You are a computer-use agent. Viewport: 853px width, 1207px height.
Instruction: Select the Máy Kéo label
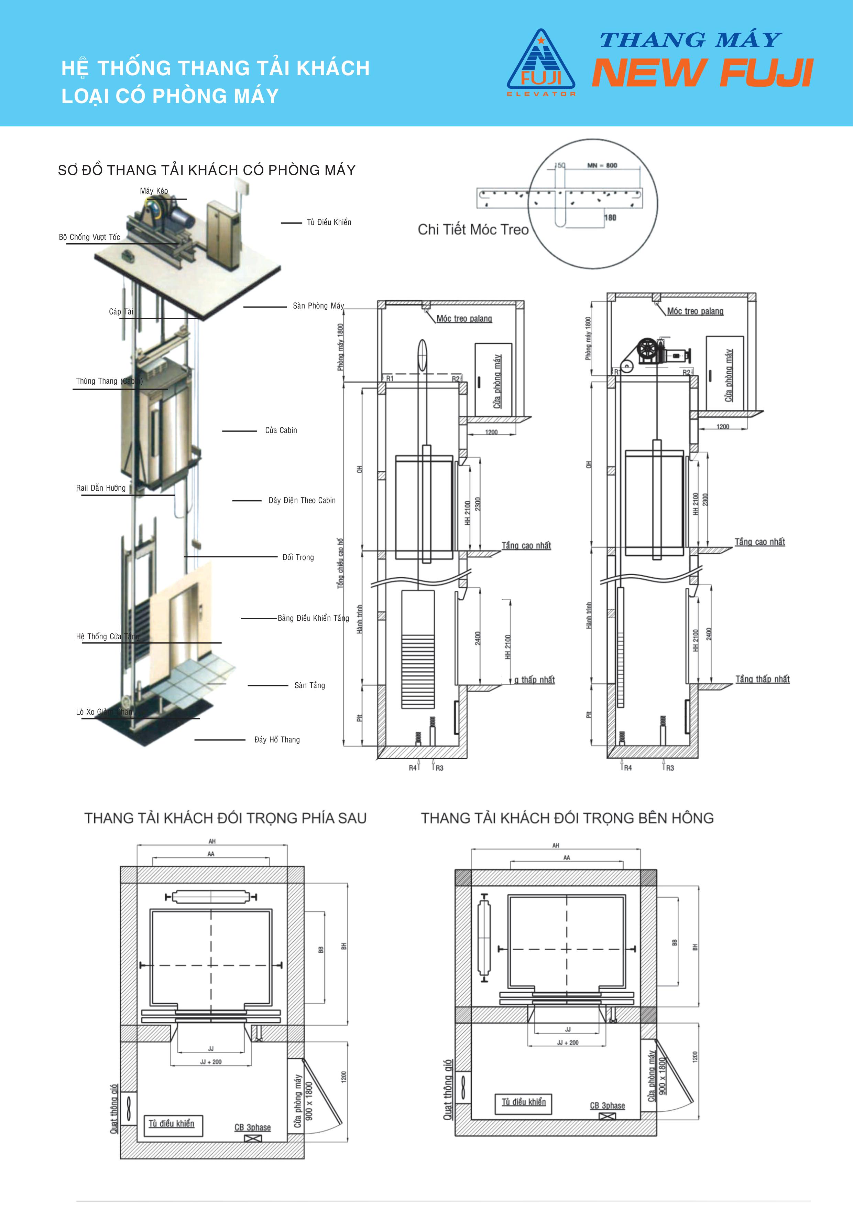154,191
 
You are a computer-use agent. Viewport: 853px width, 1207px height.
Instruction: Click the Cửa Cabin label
281,430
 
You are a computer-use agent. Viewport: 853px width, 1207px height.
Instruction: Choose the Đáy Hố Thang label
277,740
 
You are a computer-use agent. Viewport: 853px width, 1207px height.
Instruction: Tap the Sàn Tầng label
309,685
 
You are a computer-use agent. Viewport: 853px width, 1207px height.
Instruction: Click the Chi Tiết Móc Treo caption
473,230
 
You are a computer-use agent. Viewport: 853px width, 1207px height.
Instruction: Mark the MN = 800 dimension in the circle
602,165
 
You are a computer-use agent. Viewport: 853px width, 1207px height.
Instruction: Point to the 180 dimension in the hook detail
610,218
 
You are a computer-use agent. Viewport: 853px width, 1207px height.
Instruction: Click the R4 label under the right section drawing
628,768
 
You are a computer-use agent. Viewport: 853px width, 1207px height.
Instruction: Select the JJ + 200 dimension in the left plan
211,1062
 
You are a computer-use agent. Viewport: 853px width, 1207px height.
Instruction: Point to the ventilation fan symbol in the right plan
463,1088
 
